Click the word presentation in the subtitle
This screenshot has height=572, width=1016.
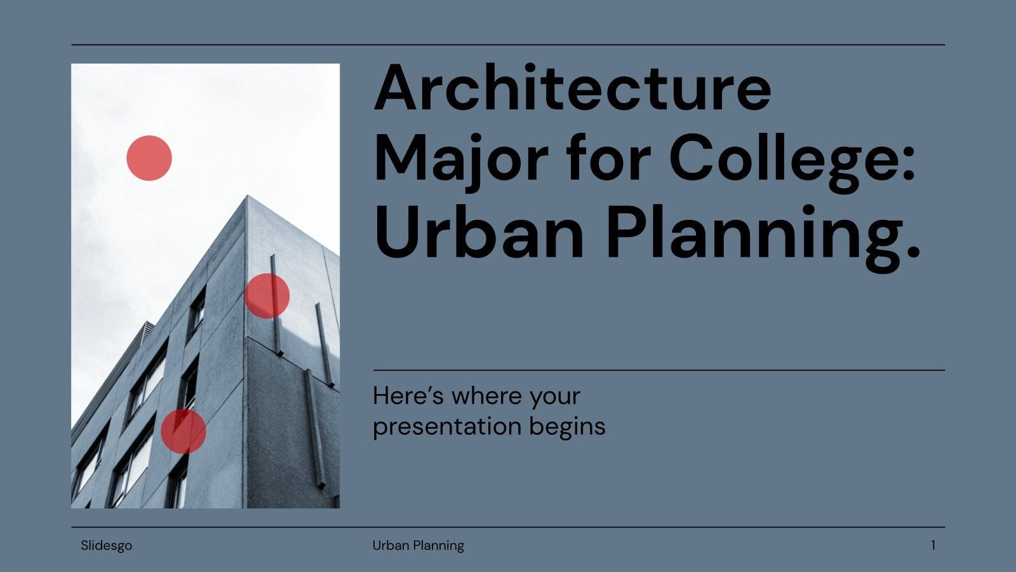coord(439,426)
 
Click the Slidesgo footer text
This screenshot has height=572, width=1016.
coord(106,545)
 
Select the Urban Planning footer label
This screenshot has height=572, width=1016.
coord(418,545)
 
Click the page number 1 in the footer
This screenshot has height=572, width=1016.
coord(933,545)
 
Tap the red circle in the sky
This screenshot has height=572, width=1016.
coord(149,158)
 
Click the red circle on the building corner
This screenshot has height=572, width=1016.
coord(267,296)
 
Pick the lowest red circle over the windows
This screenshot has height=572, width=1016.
coord(183,431)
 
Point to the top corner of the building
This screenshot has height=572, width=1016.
coord(247,198)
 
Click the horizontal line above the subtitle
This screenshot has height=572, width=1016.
coord(658,370)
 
